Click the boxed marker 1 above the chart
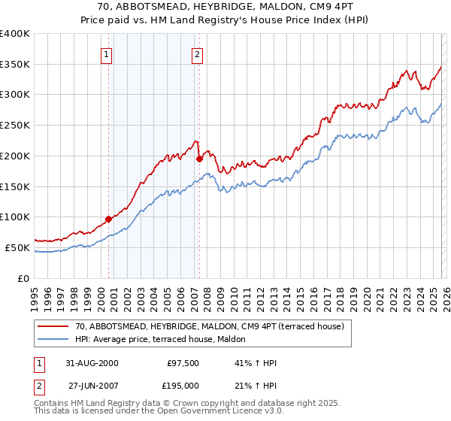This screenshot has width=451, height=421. [107, 54]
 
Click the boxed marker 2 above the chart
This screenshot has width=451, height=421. [197, 54]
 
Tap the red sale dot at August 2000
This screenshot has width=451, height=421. [109, 219]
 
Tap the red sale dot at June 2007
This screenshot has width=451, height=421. [199, 159]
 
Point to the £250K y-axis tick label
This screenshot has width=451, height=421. [15, 126]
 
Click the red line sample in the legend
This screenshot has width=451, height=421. [53, 326]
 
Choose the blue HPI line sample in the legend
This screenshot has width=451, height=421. [53, 339]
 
